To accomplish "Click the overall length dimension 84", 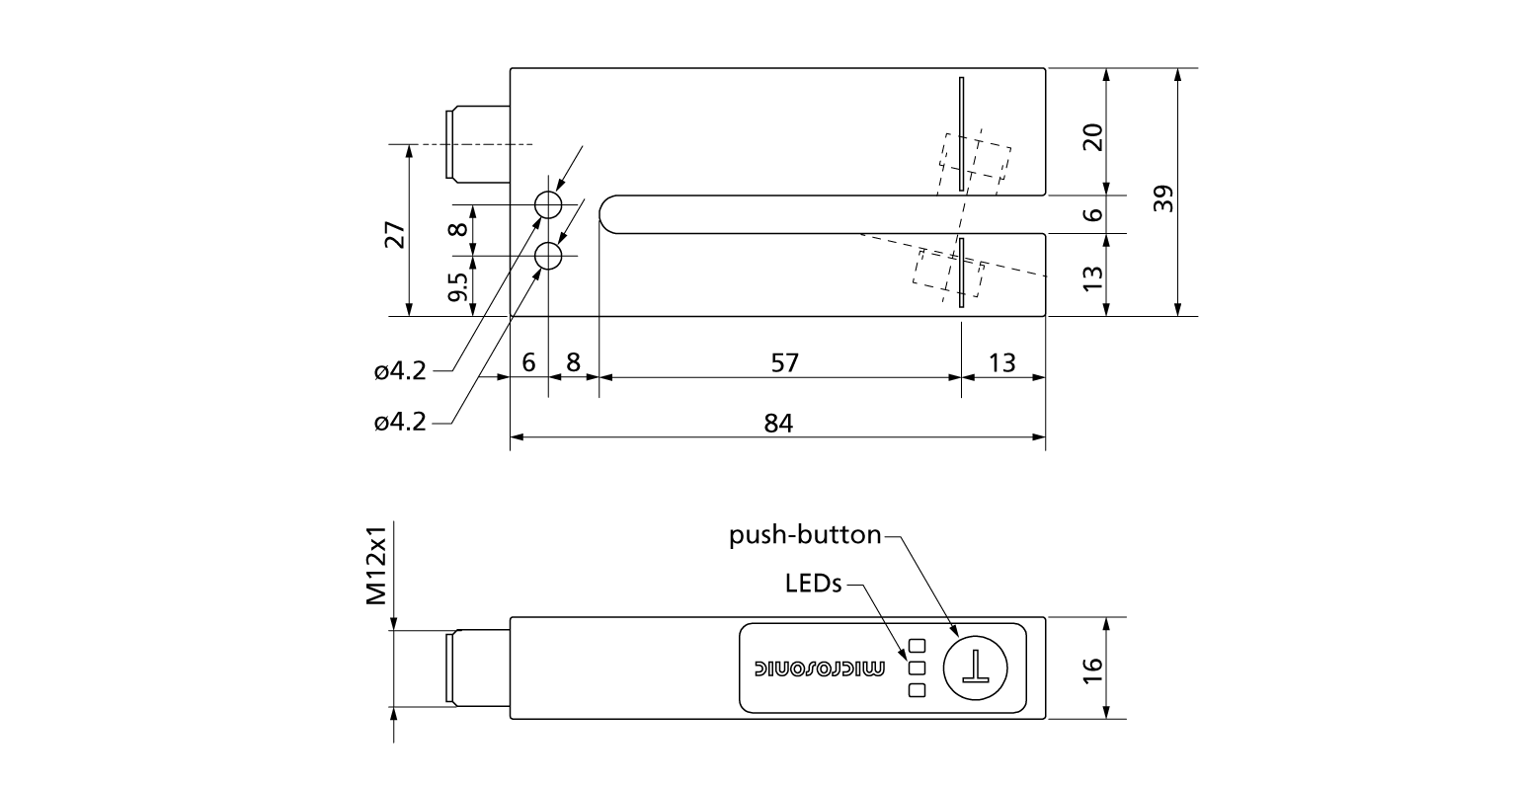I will point(778,423).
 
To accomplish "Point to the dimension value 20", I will point(1091,137).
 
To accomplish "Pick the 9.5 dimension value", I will point(456,286).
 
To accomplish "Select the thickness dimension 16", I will point(1091,668).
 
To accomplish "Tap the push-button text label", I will point(805,536).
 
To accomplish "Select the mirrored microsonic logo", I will point(820,668).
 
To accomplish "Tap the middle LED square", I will point(916,668).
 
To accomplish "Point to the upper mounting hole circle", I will point(548,205).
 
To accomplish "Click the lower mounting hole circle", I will point(548,257).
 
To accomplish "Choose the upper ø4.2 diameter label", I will point(400,371).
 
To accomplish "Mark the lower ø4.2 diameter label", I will point(400,423).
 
